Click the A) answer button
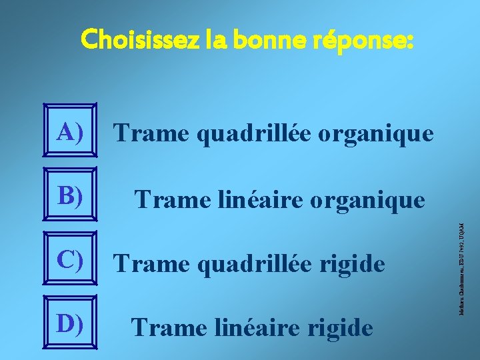[70, 133]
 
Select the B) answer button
[70, 196]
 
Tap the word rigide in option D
[339, 328]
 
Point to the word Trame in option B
[163, 199]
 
